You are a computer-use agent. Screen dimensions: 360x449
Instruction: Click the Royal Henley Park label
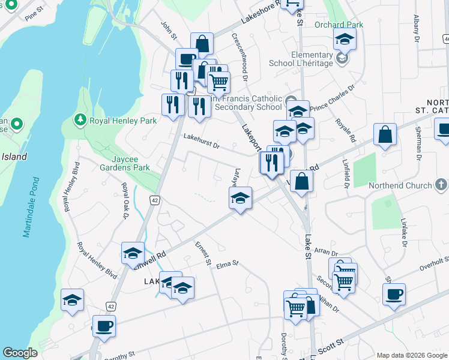[122, 121]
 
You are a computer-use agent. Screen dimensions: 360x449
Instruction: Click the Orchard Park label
[347, 25]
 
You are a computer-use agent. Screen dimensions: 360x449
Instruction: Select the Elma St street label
[228, 263]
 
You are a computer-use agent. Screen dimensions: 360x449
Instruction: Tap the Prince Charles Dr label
[333, 97]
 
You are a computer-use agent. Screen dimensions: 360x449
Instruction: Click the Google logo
[20, 353]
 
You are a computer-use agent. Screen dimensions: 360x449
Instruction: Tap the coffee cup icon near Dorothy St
[104, 326]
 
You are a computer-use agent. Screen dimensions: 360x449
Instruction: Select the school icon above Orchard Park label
[345, 39]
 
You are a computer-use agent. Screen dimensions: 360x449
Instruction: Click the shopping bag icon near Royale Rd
[385, 135]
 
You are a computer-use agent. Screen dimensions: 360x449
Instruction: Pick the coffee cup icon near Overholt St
[394, 295]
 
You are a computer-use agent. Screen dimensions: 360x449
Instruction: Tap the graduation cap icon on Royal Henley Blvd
[72, 300]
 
